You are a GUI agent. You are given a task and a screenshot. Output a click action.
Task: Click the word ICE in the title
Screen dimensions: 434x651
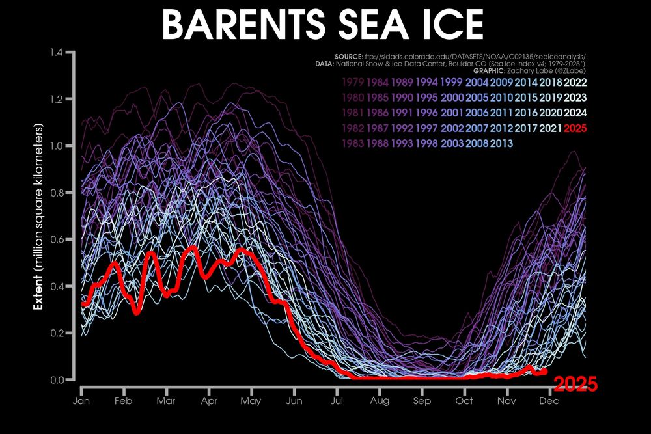[449, 24]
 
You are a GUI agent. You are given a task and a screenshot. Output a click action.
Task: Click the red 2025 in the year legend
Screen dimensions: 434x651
[576, 128]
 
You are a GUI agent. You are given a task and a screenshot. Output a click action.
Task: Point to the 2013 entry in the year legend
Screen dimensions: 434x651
[502, 143]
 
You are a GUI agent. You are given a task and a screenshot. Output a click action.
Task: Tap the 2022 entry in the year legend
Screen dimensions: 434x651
[576, 83]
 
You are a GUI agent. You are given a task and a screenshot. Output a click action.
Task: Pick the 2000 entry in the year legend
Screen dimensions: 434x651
[452, 98]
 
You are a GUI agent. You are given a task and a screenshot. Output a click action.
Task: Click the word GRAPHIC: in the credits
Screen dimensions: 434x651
[494, 71]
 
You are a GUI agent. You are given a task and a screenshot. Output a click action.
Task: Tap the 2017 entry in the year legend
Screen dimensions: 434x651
[527, 128]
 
